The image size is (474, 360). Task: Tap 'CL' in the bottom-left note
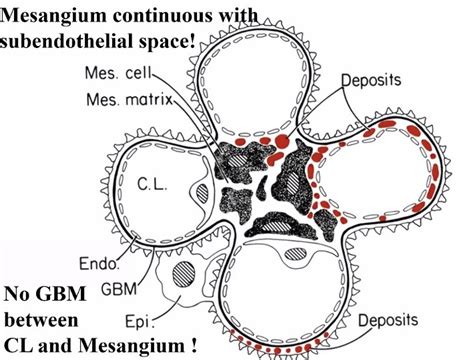(x=21, y=346)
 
